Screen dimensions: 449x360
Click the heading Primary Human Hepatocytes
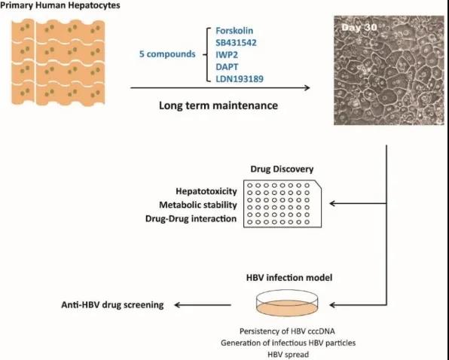pyautogui.click(x=60, y=5)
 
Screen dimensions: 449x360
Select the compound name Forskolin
pyautogui.click(x=234, y=31)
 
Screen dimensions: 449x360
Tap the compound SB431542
pyautogui.click(x=236, y=43)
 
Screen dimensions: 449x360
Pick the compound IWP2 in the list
pyautogui.click(x=227, y=55)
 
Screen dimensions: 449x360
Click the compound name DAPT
pyautogui.click(x=227, y=67)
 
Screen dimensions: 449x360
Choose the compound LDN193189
pyautogui.click(x=240, y=78)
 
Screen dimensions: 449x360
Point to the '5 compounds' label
pyautogui.click(x=167, y=54)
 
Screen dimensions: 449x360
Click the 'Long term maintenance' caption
pyautogui.click(x=218, y=105)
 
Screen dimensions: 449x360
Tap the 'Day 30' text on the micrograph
pyautogui.click(x=359, y=27)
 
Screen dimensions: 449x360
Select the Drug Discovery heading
pyautogui.click(x=282, y=169)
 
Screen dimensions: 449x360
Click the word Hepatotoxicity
pyautogui.click(x=206, y=191)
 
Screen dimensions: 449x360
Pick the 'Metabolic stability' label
pyautogui.click(x=198, y=205)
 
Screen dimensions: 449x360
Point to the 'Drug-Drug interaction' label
pyautogui.click(x=191, y=218)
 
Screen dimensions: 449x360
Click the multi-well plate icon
pyautogui.click(x=283, y=203)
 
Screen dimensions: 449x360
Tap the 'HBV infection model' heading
pyautogui.click(x=289, y=278)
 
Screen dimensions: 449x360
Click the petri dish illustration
pyautogui.click(x=287, y=304)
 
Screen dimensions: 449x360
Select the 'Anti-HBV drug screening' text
pyautogui.click(x=112, y=305)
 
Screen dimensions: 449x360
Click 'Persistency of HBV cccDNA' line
pyautogui.click(x=287, y=331)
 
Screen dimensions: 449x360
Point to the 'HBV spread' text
pyautogui.click(x=289, y=355)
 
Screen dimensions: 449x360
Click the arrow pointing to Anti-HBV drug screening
pyautogui.click(x=203, y=305)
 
